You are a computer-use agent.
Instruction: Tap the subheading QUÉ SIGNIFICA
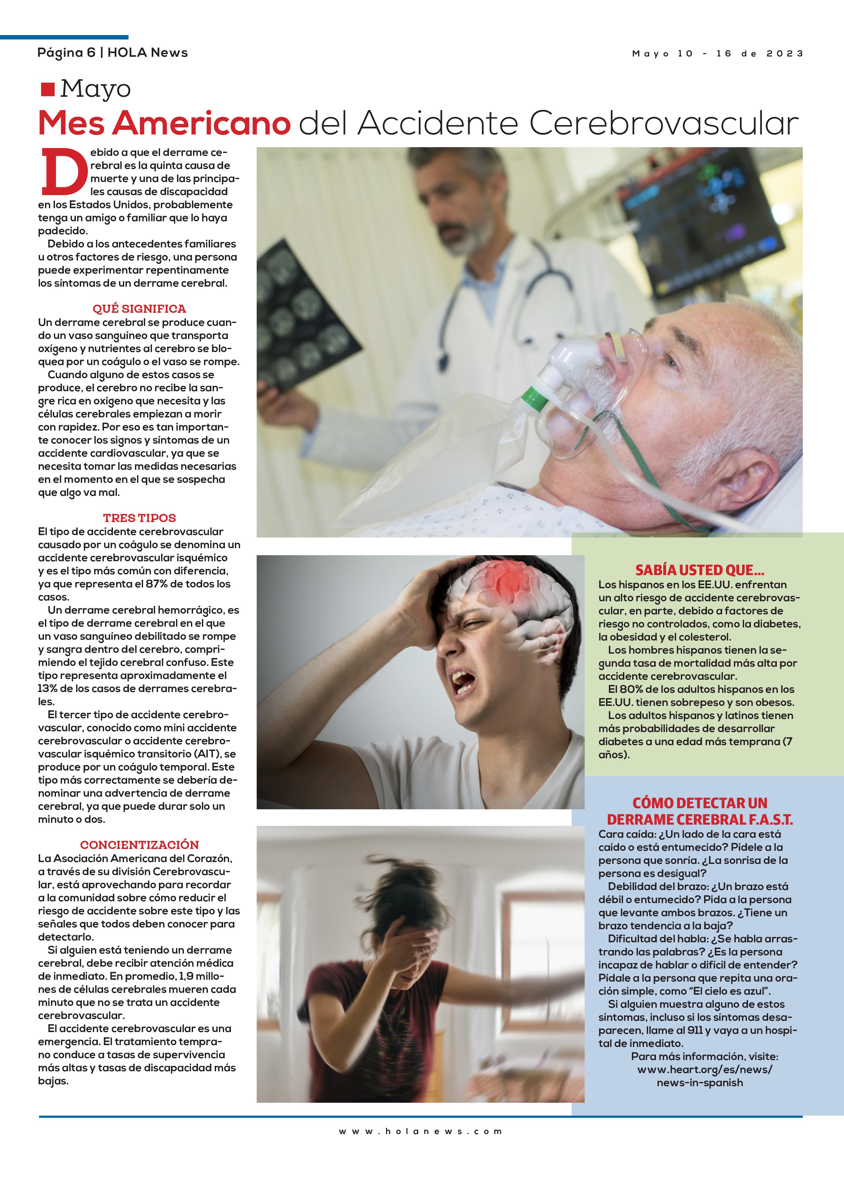(x=139, y=309)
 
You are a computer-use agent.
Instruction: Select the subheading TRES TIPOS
(x=139, y=518)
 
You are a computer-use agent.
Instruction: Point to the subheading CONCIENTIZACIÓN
(x=139, y=845)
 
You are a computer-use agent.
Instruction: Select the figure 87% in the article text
(x=157, y=584)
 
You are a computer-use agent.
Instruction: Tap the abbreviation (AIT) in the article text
(x=209, y=754)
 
